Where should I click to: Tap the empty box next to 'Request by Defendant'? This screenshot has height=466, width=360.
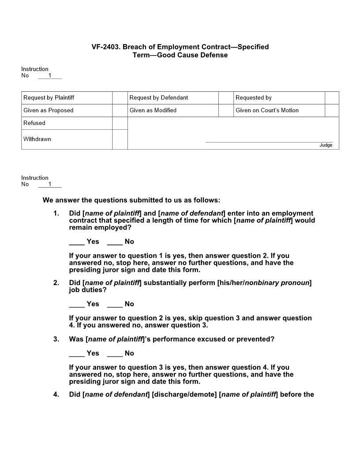point(226,98)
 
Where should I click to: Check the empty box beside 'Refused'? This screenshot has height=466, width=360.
point(120,123)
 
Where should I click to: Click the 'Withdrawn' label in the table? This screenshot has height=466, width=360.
point(37,139)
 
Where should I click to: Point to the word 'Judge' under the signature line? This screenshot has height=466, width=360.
point(326,145)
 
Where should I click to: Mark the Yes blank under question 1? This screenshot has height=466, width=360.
point(77,242)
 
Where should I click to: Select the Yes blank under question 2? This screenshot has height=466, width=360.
point(77,304)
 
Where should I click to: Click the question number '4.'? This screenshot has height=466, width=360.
point(56,395)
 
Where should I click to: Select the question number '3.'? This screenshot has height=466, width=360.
point(56,339)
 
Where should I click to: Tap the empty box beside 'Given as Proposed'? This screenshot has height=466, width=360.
point(120,110)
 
